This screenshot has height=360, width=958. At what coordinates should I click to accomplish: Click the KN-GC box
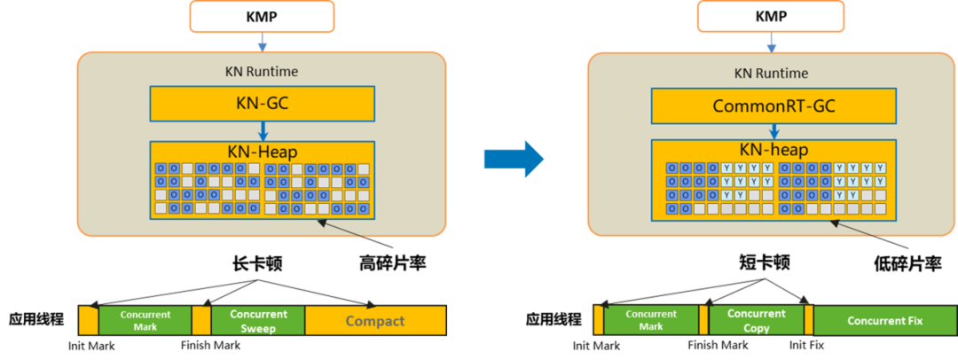coord(262,103)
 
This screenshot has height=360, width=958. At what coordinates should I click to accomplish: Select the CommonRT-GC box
coord(774,106)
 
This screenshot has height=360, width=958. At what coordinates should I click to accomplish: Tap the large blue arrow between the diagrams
coord(514,160)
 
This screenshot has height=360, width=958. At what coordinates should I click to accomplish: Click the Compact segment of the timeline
coord(376,320)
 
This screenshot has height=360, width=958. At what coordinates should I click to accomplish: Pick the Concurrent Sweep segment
coord(258,320)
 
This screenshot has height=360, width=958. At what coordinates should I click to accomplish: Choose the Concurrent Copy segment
coord(757,320)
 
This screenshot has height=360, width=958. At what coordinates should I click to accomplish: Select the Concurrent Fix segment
coord(884,320)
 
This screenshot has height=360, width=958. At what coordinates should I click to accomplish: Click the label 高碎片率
coord(392,263)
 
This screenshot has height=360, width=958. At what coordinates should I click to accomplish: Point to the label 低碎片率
coord(907,263)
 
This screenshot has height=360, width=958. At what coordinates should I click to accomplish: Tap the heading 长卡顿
coord(256,263)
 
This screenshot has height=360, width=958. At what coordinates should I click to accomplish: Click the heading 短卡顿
coord(765,262)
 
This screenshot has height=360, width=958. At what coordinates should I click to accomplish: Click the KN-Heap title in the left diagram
coord(262,151)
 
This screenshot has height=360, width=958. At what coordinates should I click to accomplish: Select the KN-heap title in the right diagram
coord(774,150)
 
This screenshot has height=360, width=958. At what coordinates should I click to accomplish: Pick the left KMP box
coord(262,16)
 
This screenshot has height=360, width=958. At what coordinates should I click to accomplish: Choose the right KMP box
coord(771,16)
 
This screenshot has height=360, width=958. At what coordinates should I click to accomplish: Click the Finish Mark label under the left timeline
coord(211,345)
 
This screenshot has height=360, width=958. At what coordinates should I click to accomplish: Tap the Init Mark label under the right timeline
coord(596,346)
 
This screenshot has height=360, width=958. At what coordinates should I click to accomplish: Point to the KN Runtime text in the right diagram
coord(771,74)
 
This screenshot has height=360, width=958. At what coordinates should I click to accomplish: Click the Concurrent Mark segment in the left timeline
coord(145,320)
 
